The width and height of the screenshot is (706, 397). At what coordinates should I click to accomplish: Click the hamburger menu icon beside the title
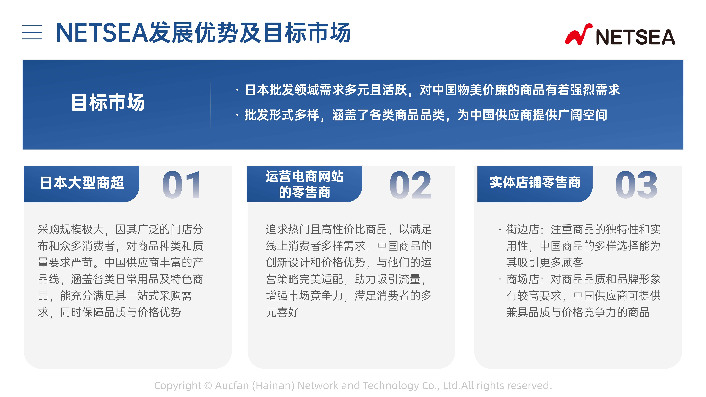pyautogui.click(x=32, y=32)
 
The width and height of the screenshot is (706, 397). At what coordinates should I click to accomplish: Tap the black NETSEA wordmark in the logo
pyautogui.click(x=635, y=37)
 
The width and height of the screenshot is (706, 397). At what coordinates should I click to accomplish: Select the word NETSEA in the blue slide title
pyautogui.click(x=102, y=33)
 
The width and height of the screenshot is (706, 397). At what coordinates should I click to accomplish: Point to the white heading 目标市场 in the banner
pyautogui.click(x=108, y=102)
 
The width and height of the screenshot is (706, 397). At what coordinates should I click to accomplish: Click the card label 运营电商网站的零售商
pyautogui.click(x=304, y=184)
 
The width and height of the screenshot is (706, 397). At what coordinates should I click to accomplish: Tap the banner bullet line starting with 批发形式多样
pyautogui.click(x=421, y=115)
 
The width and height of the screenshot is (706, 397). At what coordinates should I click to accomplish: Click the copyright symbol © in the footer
pyautogui.click(x=208, y=386)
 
